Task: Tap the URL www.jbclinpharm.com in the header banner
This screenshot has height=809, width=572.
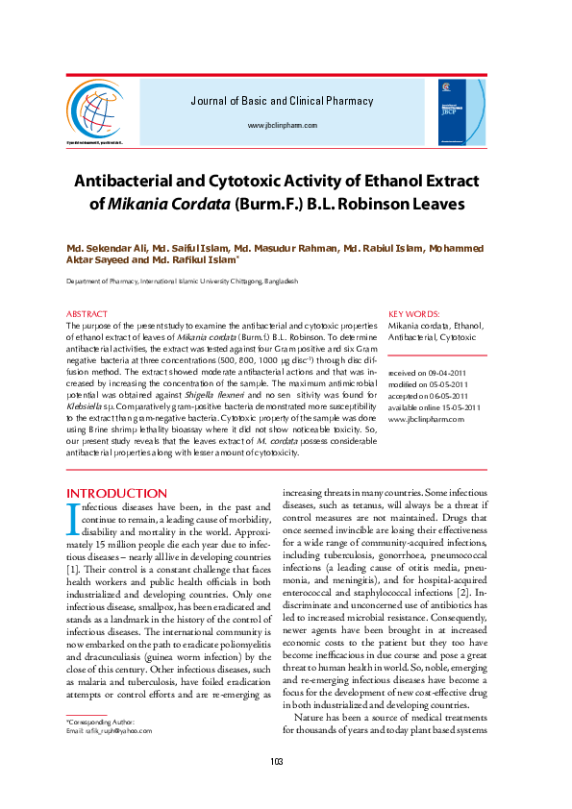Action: (x=282, y=126)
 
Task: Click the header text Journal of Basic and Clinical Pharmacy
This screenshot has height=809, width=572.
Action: (x=282, y=101)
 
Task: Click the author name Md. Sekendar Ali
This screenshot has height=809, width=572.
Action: (x=101, y=248)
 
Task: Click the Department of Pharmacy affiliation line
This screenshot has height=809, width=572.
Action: (x=182, y=281)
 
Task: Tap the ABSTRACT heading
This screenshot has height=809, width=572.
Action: (x=87, y=314)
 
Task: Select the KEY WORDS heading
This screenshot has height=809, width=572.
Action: (x=414, y=314)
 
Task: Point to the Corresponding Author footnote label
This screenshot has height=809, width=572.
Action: (x=100, y=721)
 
